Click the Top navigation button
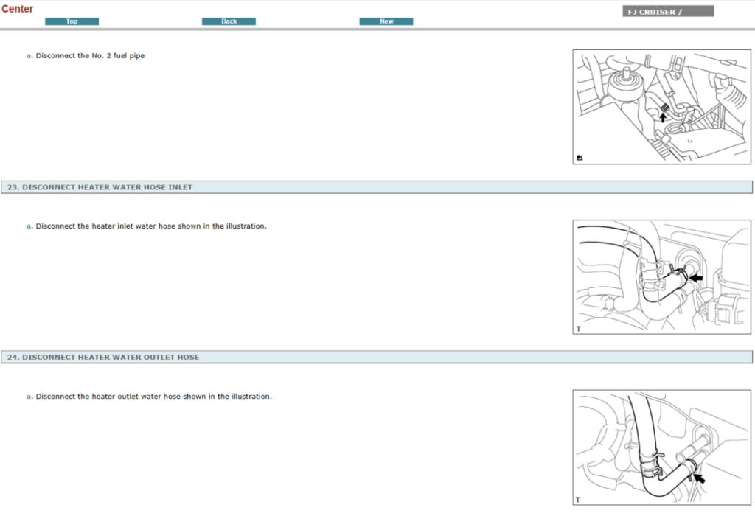click(72, 21)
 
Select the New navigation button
click(386, 21)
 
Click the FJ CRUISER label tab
click(667, 12)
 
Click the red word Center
click(18, 9)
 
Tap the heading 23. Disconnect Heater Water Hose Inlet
click(100, 187)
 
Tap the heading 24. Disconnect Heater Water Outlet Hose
click(102, 358)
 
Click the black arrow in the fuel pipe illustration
click(663, 116)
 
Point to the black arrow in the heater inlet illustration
click(695, 278)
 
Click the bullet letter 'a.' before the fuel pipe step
click(29, 56)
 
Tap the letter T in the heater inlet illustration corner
click(579, 329)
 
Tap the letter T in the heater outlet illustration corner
click(579, 500)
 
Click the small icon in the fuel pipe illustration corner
click(580, 158)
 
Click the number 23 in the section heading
click(12, 187)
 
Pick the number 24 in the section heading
click(12, 358)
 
